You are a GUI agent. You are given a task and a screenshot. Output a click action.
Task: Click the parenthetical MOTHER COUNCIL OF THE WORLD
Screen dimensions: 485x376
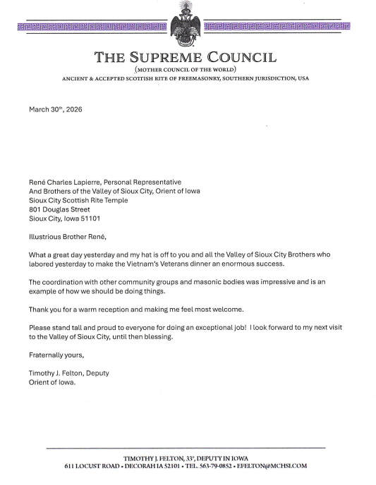pyautogui.click(x=188, y=70)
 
